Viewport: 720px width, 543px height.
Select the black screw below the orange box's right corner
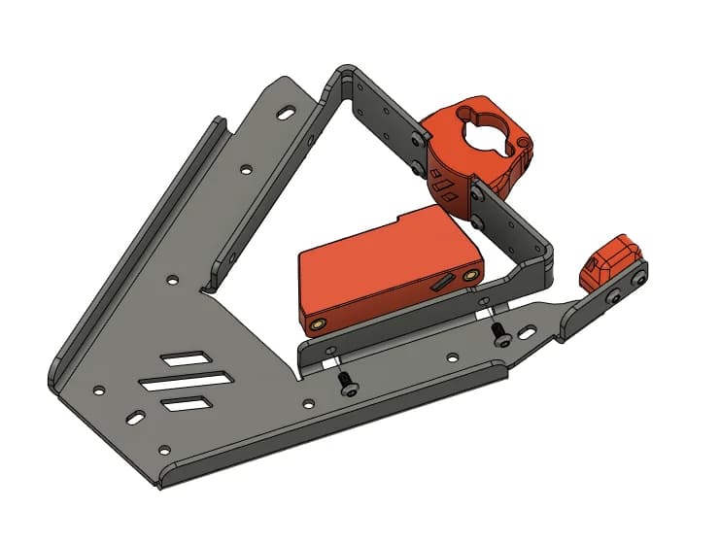tap(499, 335)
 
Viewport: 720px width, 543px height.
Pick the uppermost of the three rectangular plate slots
tap(184, 358)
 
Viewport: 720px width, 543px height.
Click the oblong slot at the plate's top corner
tap(287, 114)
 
